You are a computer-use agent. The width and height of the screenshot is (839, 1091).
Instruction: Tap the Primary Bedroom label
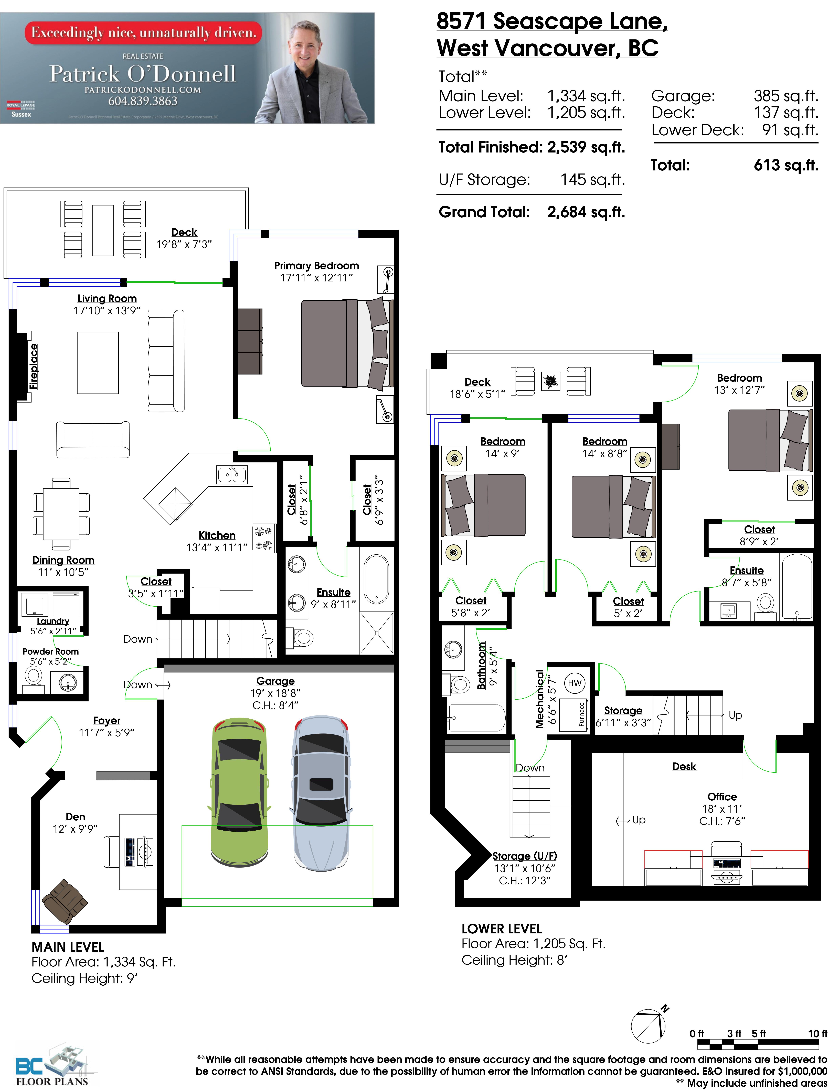coord(316,266)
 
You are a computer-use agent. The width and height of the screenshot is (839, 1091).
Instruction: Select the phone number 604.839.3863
coord(143,101)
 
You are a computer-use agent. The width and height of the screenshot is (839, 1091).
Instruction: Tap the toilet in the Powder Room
coord(33,678)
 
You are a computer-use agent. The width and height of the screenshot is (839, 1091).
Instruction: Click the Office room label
coord(722,797)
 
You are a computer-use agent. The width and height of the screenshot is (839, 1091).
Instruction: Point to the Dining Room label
coord(63,560)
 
